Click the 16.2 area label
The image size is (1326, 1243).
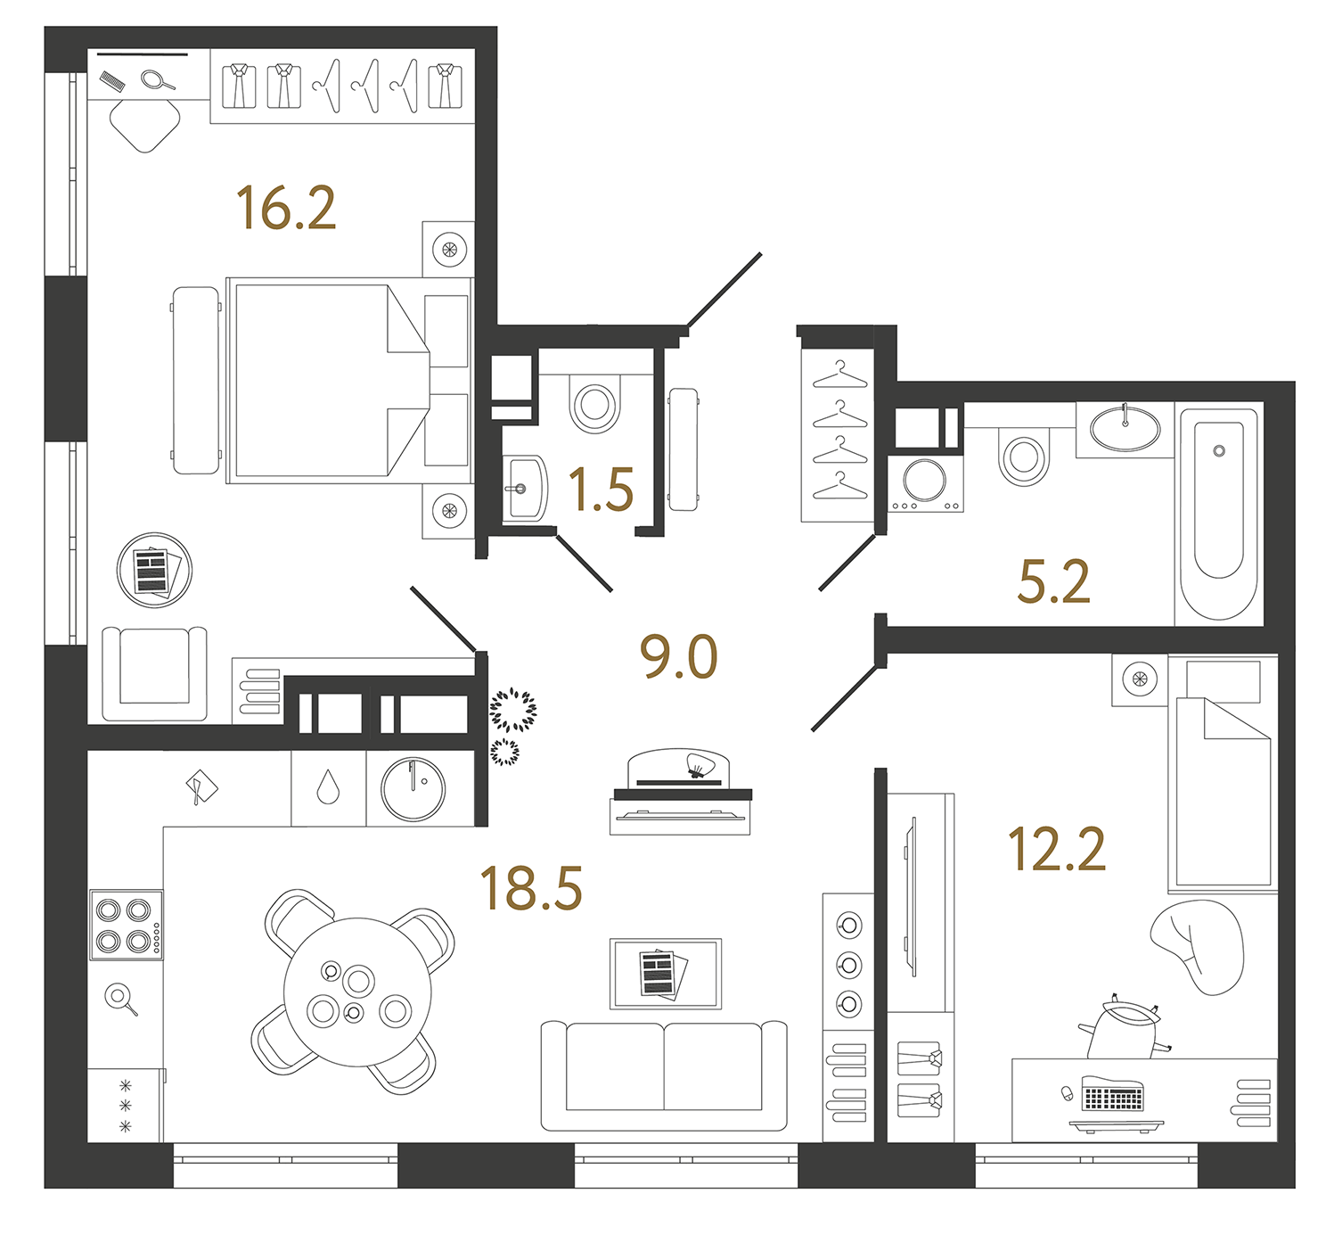(286, 209)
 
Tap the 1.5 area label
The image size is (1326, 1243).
(602, 490)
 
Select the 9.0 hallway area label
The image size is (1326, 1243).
(678, 657)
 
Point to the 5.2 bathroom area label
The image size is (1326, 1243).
(1053, 582)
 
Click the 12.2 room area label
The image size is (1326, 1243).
(1056, 850)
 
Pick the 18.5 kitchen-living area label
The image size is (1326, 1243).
(531, 887)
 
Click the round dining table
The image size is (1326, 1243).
(357, 992)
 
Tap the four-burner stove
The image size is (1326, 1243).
(127, 925)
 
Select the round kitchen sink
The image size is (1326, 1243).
(413, 789)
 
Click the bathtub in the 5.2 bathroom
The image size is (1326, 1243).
(1219, 514)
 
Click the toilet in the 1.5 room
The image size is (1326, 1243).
(593, 403)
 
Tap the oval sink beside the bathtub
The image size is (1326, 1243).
(1125, 428)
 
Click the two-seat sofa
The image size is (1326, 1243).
(664, 1075)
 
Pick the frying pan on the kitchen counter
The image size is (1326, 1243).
(121, 999)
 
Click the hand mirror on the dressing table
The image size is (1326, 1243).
(158, 81)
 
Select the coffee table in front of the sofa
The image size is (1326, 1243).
(666, 974)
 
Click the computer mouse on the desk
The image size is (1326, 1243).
(1067, 1093)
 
